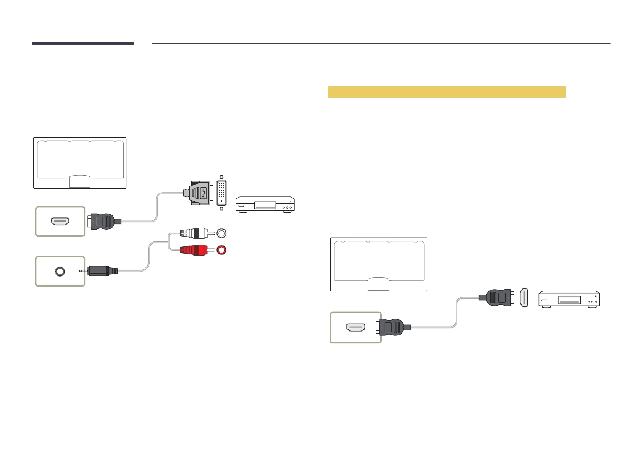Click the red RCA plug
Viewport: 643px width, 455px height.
pos(194,250)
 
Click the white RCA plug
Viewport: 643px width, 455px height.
pos(194,233)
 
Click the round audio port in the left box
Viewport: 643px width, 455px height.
pos(60,271)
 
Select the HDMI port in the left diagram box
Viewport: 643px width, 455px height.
pos(60,221)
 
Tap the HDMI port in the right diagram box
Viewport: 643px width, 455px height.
pos(355,327)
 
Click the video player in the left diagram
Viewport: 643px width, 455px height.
pos(265,204)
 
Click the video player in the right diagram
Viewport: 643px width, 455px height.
pos(569,299)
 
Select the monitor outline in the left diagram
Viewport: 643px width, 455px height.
pos(79,162)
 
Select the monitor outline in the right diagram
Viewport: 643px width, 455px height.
pos(378,264)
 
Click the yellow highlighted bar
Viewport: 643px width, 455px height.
pos(446,92)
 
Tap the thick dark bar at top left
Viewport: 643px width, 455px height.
pos(83,43)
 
